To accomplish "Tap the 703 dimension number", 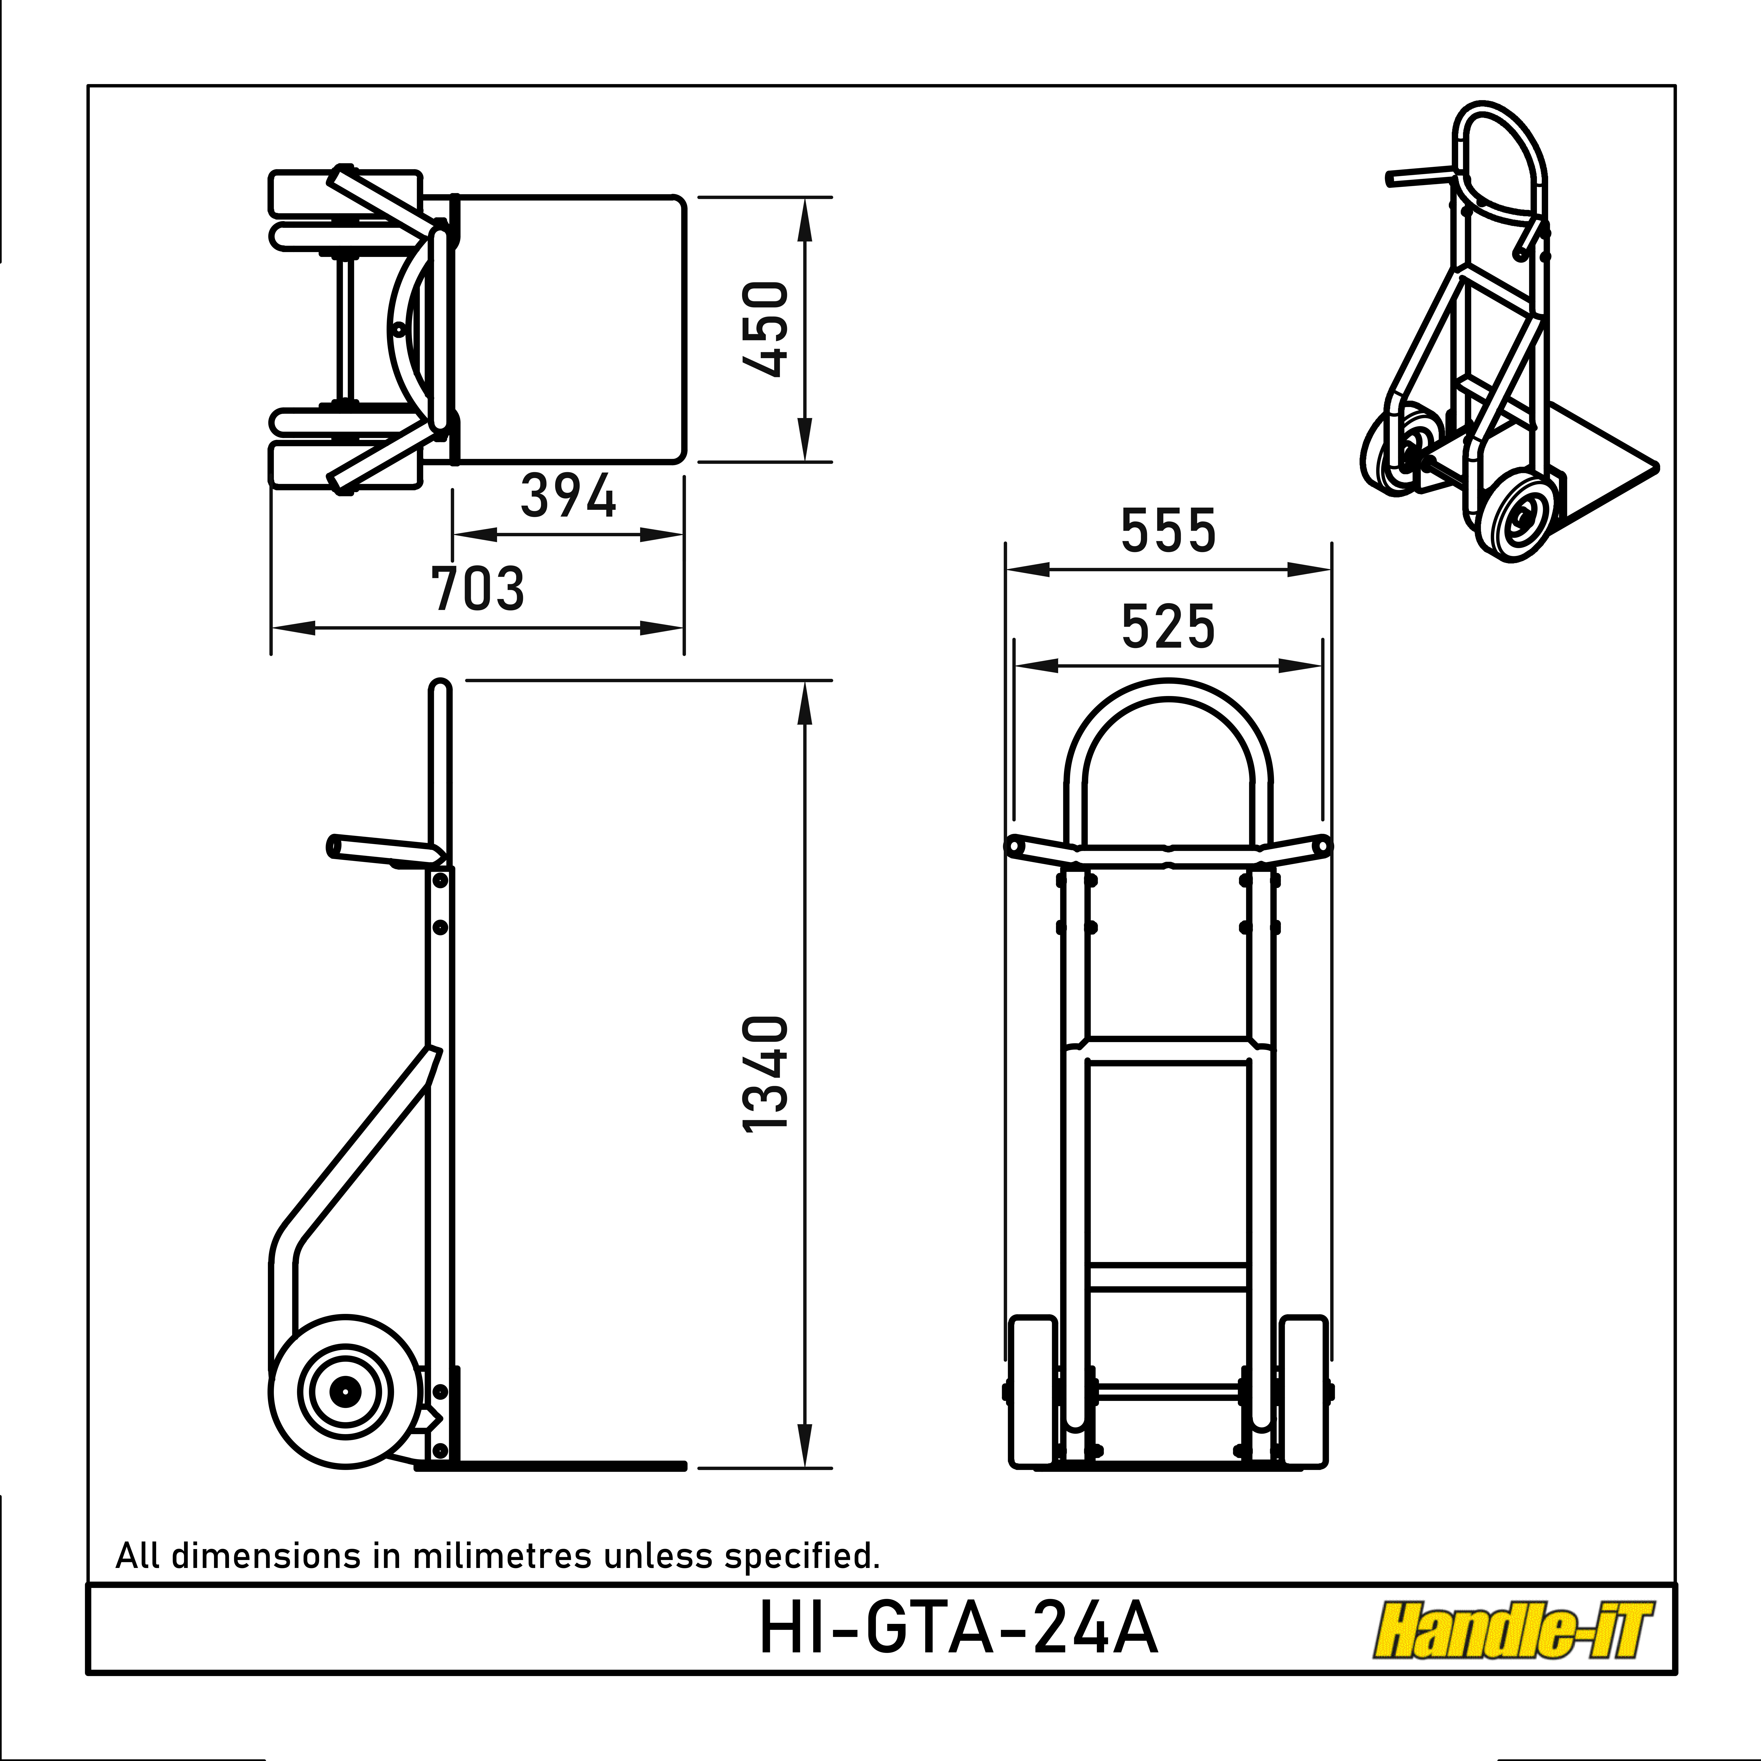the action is pos(478,589).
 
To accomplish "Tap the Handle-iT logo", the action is pos(1512,1631).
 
